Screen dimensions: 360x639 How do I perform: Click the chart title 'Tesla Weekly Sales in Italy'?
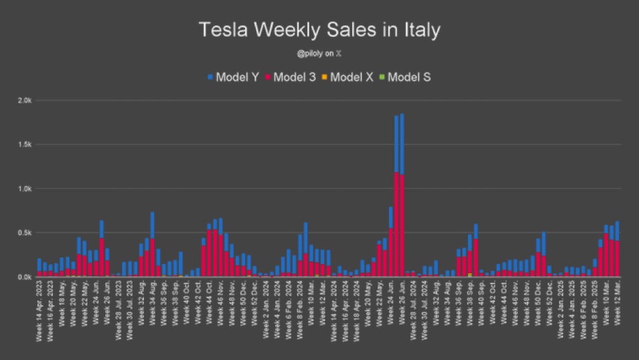tap(319, 30)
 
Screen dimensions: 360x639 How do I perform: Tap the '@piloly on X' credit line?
tap(319, 54)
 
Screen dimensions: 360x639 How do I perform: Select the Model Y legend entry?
tap(233, 77)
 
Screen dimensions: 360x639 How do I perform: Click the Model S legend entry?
tap(405, 77)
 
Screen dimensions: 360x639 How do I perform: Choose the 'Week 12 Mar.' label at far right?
tap(617, 304)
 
